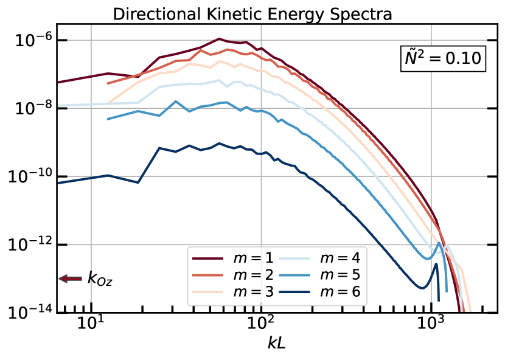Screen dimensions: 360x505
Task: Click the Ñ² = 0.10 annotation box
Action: [x=443, y=58]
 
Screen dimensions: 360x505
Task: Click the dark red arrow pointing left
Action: [x=70, y=279]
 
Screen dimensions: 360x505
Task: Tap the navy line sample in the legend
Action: [x=294, y=292]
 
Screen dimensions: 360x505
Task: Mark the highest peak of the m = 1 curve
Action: [x=220, y=38]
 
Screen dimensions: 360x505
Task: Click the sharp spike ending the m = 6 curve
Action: [x=436, y=265]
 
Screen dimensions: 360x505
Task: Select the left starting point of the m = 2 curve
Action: [x=108, y=83]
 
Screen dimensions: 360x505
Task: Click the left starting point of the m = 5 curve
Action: [x=108, y=119]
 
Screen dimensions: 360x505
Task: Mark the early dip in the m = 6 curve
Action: [x=139, y=182]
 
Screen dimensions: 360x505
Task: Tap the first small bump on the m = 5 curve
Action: [x=138, y=111]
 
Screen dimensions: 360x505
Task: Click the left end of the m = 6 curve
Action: [x=58, y=182]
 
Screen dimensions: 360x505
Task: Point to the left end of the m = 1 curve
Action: [x=58, y=82]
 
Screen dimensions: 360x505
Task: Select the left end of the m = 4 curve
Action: [x=58, y=105]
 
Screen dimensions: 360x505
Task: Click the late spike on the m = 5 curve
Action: [x=439, y=244]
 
